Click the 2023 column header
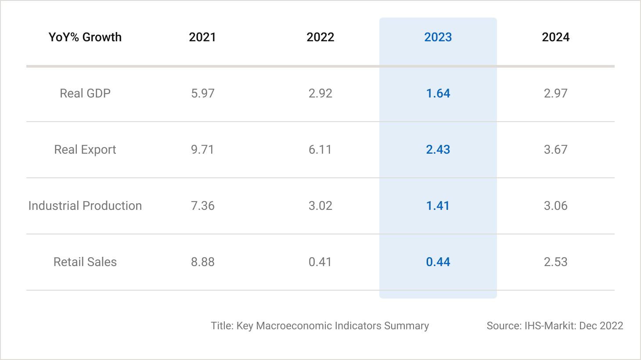click(x=438, y=37)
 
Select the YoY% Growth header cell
click(x=85, y=37)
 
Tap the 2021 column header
click(x=202, y=37)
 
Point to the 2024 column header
click(x=555, y=37)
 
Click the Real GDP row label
click(x=85, y=94)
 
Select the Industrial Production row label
click(x=85, y=206)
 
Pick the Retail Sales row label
click(x=85, y=262)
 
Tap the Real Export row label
click(x=85, y=150)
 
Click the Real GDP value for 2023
click(x=438, y=94)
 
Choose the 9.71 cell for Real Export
click(x=202, y=150)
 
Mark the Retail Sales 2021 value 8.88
click(x=202, y=262)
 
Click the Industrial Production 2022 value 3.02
click(x=320, y=206)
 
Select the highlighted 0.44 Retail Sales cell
click(x=438, y=262)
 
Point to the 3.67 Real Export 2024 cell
click(x=555, y=150)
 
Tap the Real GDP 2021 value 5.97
click(x=202, y=94)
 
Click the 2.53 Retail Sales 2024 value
click(x=555, y=262)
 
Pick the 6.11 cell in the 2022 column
click(x=320, y=150)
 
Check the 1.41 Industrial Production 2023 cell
click(x=438, y=206)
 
